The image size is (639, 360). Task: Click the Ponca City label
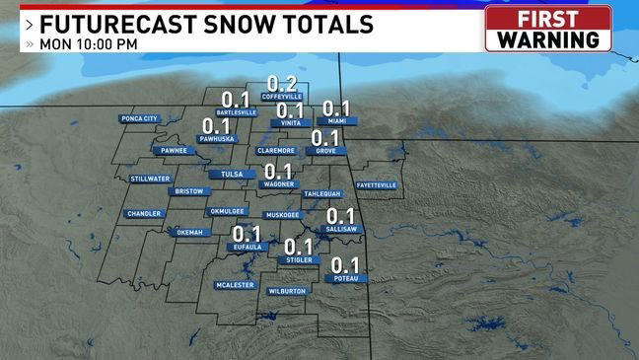click(x=138, y=119)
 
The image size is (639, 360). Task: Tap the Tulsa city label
click(x=232, y=175)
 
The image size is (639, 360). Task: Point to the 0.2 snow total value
click(x=283, y=83)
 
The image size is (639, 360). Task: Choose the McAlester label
click(x=236, y=285)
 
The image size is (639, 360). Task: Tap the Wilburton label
click(x=287, y=291)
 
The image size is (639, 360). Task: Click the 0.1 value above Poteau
click(x=344, y=264)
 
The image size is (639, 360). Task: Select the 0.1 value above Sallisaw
click(x=340, y=215)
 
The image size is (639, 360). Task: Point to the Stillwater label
click(x=150, y=179)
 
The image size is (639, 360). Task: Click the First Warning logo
click(x=548, y=28)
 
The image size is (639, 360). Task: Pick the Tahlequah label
click(x=321, y=193)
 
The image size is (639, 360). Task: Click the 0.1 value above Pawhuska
click(x=215, y=126)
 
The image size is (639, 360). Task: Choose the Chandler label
click(x=143, y=213)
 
